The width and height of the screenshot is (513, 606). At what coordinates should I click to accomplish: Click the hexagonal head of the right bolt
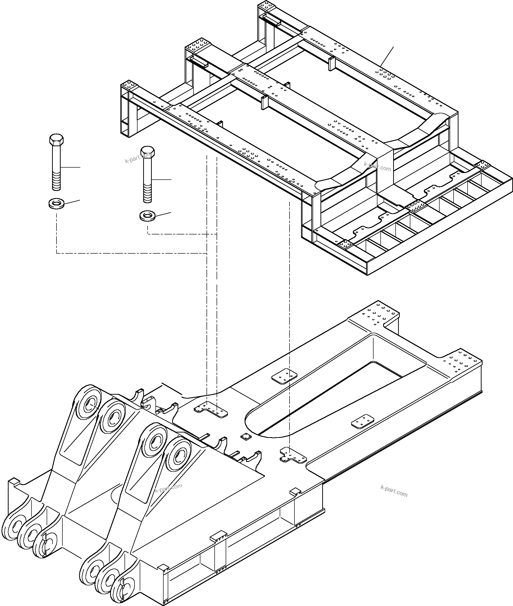147,152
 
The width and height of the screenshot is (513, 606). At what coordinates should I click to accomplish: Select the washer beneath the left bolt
56,203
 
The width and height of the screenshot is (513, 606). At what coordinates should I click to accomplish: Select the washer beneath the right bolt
148,216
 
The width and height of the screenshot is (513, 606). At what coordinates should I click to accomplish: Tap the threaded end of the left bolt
56,182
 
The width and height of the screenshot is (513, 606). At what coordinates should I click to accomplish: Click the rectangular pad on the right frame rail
363,421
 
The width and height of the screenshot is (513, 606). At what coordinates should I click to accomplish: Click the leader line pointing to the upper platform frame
387,56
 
